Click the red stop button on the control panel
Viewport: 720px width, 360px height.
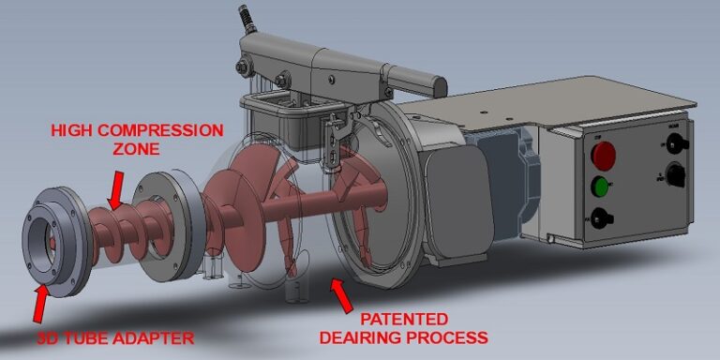click(605, 153)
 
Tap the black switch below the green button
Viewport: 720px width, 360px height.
click(604, 218)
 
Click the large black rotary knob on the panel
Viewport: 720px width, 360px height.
click(672, 173)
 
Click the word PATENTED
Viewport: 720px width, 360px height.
click(395, 319)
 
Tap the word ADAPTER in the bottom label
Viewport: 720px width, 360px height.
click(160, 337)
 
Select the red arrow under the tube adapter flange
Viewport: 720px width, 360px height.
click(42, 302)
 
